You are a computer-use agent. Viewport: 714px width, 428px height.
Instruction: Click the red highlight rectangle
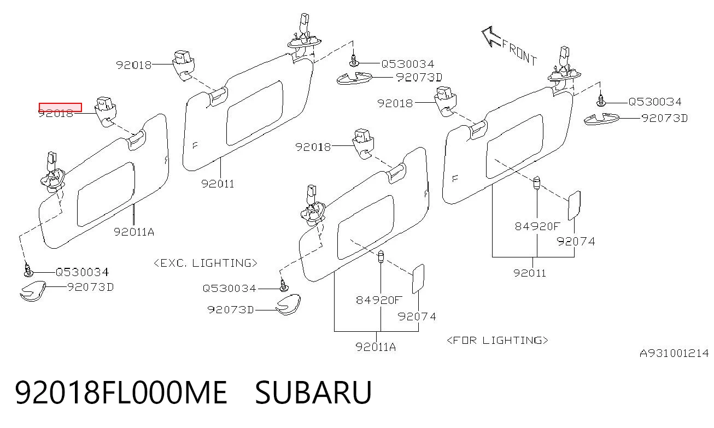click(x=60, y=107)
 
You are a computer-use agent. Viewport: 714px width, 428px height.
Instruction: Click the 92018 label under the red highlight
click(x=56, y=114)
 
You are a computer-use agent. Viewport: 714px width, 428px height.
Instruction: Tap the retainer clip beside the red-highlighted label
click(x=106, y=112)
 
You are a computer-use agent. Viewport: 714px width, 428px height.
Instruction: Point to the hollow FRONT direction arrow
click(x=491, y=37)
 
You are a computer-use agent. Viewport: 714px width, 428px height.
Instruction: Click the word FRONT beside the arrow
click(x=519, y=52)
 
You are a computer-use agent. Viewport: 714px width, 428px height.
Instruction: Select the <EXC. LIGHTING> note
click(x=205, y=263)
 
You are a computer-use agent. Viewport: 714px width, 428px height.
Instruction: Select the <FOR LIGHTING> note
click(x=498, y=341)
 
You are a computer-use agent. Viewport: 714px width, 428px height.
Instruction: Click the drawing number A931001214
click(x=674, y=353)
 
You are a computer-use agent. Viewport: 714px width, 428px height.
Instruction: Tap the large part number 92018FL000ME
click(x=121, y=392)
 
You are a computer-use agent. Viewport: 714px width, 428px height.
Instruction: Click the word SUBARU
click(x=313, y=392)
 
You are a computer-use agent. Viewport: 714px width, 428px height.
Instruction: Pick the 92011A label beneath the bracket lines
click(x=376, y=347)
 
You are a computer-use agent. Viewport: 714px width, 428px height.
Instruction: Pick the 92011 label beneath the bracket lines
click(x=530, y=273)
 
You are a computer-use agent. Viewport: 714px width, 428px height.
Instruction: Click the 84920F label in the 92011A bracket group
click(x=379, y=300)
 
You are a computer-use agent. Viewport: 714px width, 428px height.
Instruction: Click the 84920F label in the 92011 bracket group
click(x=537, y=226)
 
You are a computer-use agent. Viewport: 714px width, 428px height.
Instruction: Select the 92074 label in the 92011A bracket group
click(x=417, y=316)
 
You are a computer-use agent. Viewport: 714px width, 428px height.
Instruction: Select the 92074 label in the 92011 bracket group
click(x=576, y=241)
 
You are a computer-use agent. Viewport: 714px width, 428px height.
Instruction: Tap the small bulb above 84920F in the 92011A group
click(x=381, y=256)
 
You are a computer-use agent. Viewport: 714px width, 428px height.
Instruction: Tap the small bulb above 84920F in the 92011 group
click(x=537, y=183)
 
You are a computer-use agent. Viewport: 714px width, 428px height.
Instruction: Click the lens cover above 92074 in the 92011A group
click(x=418, y=279)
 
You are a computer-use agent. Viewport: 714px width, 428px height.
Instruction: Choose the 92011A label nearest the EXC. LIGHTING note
click(x=134, y=232)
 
